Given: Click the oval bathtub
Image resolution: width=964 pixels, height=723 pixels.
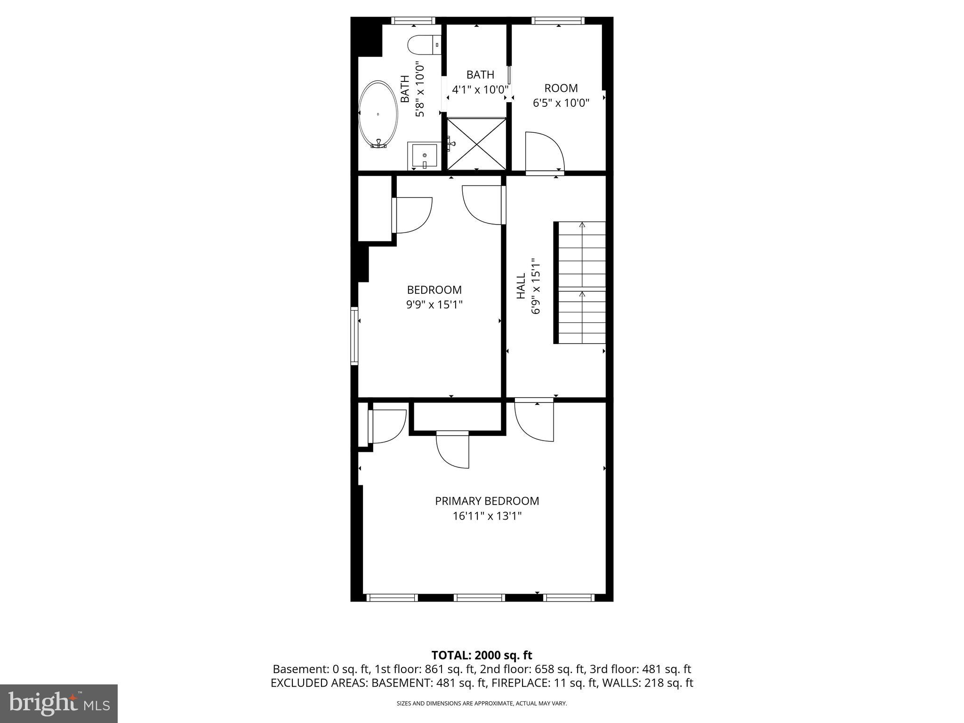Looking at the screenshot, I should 378,114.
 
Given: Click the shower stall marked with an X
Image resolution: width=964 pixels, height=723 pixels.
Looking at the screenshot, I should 476,144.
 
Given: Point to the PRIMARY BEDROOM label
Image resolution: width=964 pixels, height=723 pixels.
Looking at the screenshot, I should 487,501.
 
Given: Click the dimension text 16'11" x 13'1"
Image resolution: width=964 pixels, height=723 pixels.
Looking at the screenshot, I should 487,516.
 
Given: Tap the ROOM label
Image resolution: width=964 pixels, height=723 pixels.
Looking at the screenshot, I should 561,88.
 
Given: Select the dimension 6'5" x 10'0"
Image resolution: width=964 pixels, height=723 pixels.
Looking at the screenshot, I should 561,103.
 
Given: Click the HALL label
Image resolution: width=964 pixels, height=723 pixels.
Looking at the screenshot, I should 521,286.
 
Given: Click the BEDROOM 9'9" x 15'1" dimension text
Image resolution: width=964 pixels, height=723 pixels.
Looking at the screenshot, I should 434,305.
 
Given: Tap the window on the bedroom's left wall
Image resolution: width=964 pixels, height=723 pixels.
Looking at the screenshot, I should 354,336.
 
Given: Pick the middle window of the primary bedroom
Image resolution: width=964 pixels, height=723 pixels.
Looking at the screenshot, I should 479,597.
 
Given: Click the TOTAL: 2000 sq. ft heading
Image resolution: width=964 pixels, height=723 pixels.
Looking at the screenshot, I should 482,655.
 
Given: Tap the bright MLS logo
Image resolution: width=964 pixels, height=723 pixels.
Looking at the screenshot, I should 58,703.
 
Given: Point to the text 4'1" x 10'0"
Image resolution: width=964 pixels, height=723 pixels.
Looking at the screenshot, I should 480,89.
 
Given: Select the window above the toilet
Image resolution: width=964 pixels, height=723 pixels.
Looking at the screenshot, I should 413,20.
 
